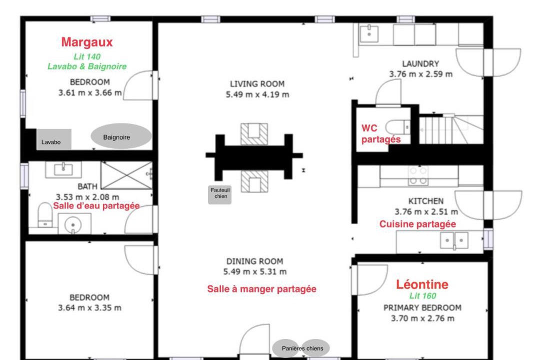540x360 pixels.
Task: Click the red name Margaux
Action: pos(87,42)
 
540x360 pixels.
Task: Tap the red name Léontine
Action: pos(422,284)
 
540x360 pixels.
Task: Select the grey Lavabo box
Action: pos(54,139)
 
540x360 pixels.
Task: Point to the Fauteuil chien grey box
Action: pos(219,194)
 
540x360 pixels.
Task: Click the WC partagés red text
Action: pos(380,133)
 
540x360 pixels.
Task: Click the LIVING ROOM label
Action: pos(257,84)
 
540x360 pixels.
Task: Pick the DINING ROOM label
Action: pos(255,261)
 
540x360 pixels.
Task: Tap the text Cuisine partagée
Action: pos(417,224)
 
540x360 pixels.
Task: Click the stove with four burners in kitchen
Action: pos(418,175)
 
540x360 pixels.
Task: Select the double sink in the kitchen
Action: pos(454,240)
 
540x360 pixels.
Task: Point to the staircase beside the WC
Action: pos(451,129)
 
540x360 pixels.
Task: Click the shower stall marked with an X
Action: pos(126,175)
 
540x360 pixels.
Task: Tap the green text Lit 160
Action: pos(422,296)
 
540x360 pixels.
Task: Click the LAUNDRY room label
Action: pos(420,63)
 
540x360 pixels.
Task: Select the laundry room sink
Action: pos(369,34)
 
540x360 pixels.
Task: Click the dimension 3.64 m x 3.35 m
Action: pos(89,308)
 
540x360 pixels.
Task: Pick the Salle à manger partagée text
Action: pos(261,289)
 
